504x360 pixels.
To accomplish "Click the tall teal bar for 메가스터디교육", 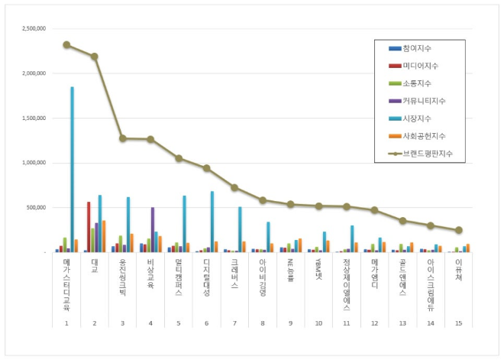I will point(73,169).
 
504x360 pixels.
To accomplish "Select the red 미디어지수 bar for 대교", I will point(89,227).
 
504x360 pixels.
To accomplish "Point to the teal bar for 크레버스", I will point(240,229).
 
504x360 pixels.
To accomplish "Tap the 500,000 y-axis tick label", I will point(35,207).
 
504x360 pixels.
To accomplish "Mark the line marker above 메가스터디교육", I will point(66,44).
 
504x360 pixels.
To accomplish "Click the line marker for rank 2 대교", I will point(95,56).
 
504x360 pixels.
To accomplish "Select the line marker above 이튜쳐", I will point(459,230).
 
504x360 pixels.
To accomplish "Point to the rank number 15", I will point(458,323).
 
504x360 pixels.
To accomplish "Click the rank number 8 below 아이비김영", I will point(262,323).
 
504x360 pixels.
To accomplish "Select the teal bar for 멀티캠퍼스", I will point(184,224).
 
